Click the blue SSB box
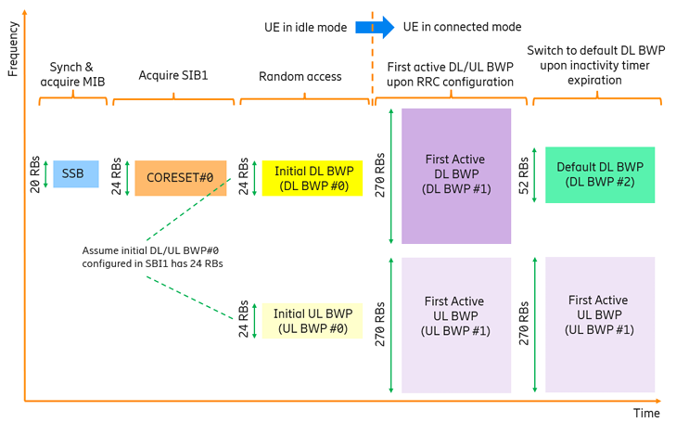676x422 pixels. click(76, 173)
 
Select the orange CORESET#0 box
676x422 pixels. click(181, 178)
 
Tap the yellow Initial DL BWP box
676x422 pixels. click(312, 178)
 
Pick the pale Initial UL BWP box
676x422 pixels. click(312, 321)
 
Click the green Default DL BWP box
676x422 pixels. click(600, 174)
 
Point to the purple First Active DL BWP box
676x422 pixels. click(456, 176)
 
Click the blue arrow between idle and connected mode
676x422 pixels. click(375, 28)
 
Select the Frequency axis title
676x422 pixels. click(13, 49)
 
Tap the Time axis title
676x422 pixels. click(646, 413)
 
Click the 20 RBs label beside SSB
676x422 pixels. click(35, 174)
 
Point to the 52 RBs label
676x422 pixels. click(523, 175)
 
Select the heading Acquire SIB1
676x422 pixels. click(173, 75)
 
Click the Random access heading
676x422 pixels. click(300, 77)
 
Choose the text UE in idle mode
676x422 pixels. click(306, 28)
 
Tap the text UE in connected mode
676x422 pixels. click(462, 27)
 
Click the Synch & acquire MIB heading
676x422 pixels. click(72, 74)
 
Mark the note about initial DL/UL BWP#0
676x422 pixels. click(153, 257)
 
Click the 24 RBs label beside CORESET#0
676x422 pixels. click(116, 176)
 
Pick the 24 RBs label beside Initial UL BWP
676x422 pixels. click(243, 318)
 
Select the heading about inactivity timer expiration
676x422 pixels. click(595, 65)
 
